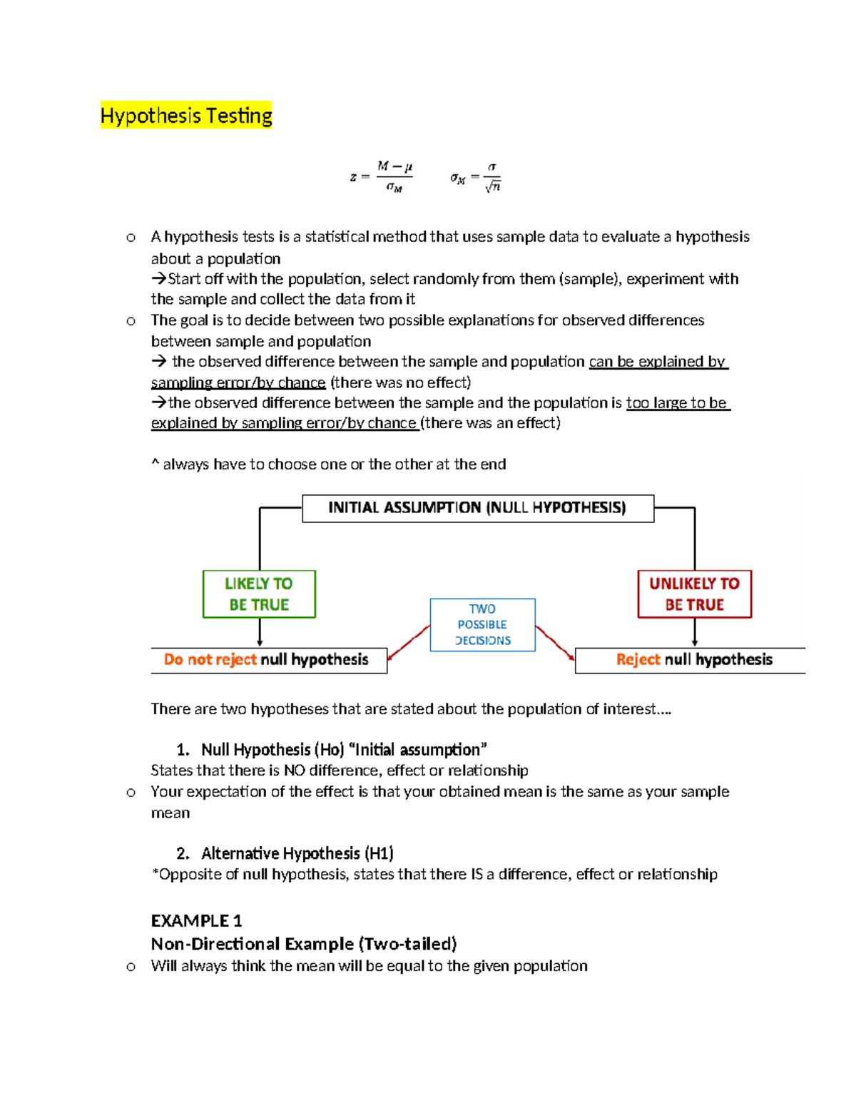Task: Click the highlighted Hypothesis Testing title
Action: [x=186, y=116]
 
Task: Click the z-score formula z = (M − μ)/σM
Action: [x=382, y=177]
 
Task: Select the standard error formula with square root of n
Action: [x=476, y=177]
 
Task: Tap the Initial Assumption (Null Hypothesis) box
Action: [x=477, y=508]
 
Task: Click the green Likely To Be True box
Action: [x=259, y=594]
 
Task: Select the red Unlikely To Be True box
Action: [x=694, y=594]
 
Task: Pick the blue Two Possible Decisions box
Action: [x=482, y=624]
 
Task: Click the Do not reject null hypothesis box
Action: [x=268, y=659]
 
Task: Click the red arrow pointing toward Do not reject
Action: [x=408, y=642]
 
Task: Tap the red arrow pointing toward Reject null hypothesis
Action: [x=555, y=641]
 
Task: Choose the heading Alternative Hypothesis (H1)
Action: [x=297, y=853]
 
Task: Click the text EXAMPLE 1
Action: [x=196, y=920]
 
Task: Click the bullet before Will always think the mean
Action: [x=131, y=967]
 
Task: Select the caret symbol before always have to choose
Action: [x=155, y=463]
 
